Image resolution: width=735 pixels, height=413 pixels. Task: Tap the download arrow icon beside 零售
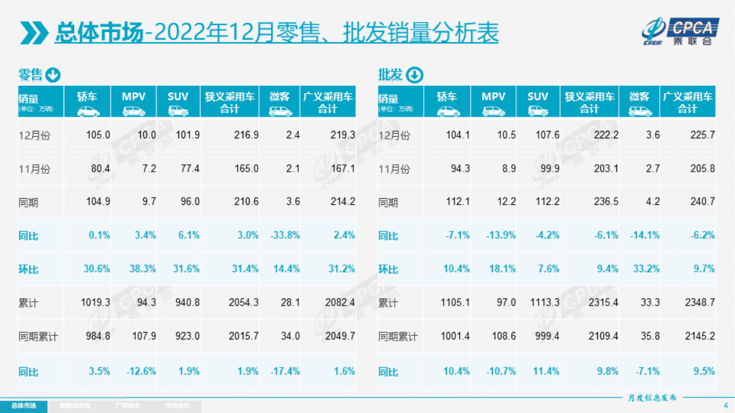(53, 75)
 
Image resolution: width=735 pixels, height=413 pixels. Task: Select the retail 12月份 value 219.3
(343, 135)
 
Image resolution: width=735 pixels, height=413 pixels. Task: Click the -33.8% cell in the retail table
(285, 235)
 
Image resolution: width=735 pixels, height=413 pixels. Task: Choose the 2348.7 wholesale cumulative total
(700, 303)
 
